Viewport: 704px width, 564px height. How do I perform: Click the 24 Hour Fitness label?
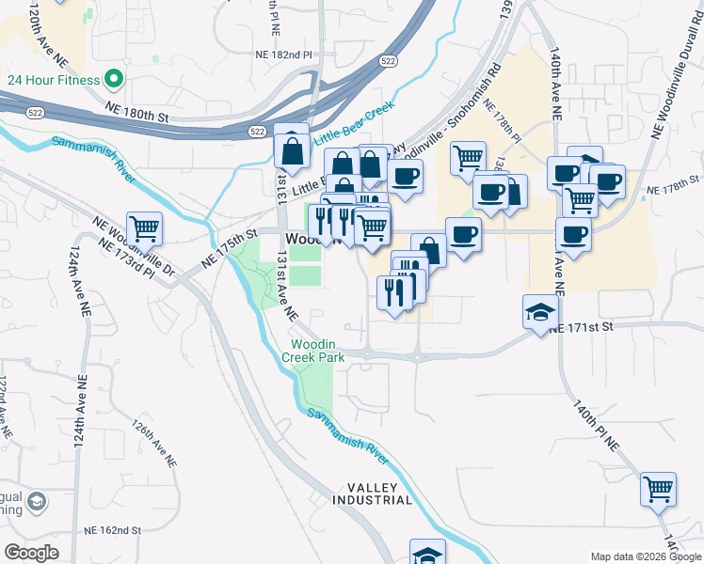coord(54,80)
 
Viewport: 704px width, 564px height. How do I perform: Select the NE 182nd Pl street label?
coord(282,55)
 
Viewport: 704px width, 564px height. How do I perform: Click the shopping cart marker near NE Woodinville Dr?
coord(145,227)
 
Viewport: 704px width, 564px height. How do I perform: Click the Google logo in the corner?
coord(31,553)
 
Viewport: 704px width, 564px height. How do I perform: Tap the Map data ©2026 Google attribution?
coord(646,556)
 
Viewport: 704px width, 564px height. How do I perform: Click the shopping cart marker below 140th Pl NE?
coord(659,489)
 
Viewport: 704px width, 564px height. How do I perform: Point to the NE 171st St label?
coord(582,326)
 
